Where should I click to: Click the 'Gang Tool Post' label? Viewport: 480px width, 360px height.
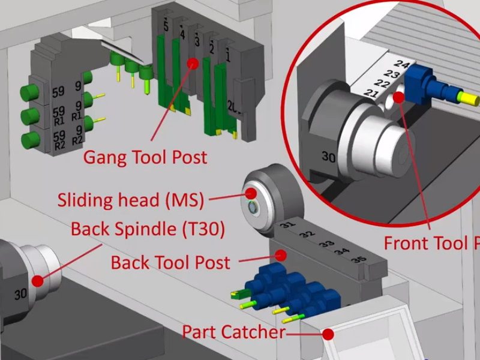pyautogui.click(x=145, y=158)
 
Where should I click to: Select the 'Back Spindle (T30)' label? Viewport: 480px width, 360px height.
pyautogui.click(x=148, y=229)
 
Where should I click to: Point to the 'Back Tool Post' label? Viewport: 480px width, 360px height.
pyautogui.click(x=170, y=262)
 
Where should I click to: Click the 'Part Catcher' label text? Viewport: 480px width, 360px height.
pyautogui.click(x=233, y=332)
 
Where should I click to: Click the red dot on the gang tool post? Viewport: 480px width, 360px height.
pyautogui.click(x=193, y=62)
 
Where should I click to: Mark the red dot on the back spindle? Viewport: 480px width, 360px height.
pyautogui.click(x=38, y=280)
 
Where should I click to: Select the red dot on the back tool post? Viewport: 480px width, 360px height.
pyautogui.click(x=280, y=254)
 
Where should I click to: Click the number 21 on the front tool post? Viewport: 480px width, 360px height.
pyautogui.click(x=371, y=94)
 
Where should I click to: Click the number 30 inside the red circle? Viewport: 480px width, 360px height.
pyautogui.click(x=328, y=157)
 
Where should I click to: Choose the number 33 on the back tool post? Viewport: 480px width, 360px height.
pyautogui.click(x=326, y=244)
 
